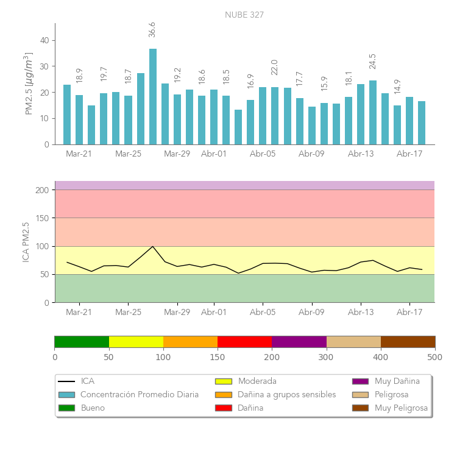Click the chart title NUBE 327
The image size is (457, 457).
pos(244,15)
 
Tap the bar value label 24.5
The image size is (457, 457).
pos(373,62)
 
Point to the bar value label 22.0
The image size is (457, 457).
pos(274,67)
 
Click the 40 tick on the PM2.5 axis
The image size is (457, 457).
pos(44,40)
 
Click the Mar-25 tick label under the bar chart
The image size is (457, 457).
pos(128,154)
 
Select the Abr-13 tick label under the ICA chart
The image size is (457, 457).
pos(361,313)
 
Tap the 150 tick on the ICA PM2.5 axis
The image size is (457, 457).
pos(42,218)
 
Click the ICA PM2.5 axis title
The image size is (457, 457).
pos(26,242)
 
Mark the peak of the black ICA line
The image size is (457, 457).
pos(152,246)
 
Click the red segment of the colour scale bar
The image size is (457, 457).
pos(244,341)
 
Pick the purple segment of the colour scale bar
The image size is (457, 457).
pos(299,341)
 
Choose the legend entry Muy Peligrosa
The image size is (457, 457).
pos(401,408)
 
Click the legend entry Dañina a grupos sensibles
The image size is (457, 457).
pos(286,395)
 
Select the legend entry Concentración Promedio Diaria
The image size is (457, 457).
pos(140,395)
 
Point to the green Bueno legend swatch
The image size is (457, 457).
pos(66,408)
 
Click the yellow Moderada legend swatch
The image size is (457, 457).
pos(223,381)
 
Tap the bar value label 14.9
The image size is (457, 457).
pos(397,87)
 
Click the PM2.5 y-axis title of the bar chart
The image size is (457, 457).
pos(29,84)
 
